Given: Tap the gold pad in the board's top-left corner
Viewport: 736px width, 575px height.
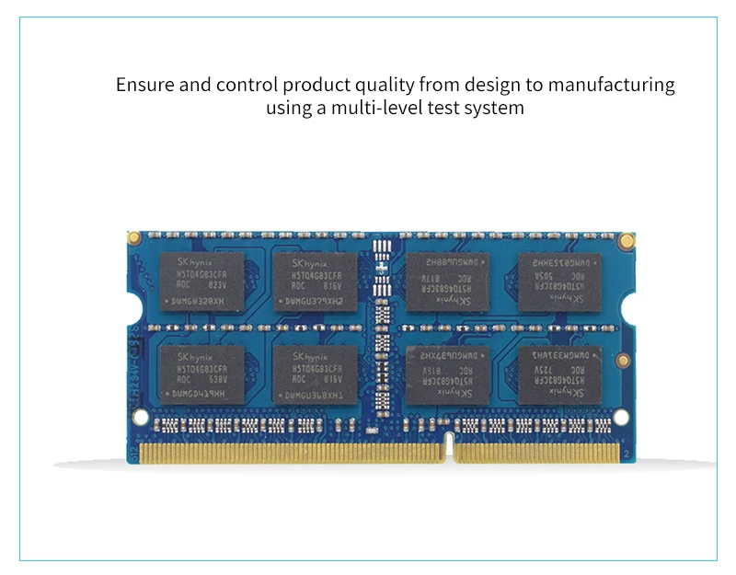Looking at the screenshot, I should tap(134, 238).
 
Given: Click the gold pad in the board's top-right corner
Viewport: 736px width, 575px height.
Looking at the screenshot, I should tap(627, 241).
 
